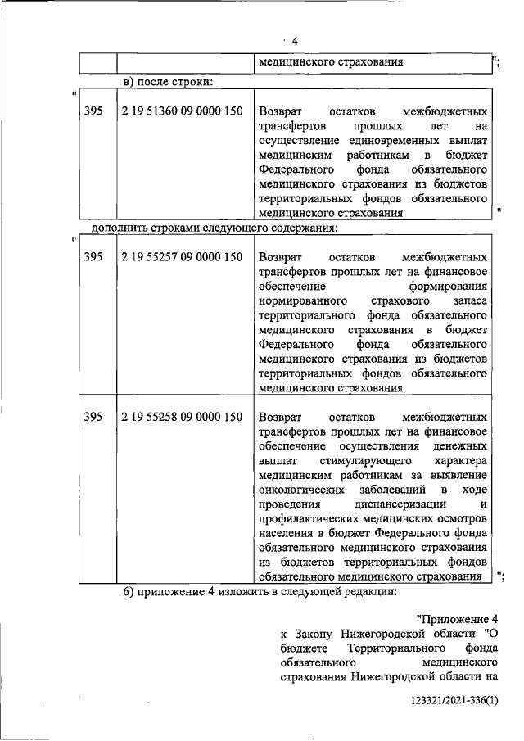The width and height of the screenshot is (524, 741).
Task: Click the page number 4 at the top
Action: tap(295, 42)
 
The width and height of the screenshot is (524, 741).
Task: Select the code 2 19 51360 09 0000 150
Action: tap(182, 111)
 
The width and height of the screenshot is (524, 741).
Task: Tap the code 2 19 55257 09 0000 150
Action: tap(182, 257)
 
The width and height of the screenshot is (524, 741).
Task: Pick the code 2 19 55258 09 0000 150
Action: tap(182, 417)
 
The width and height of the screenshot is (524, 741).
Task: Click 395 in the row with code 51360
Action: tap(93, 111)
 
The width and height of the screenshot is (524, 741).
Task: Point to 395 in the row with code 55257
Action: tap(93, 257)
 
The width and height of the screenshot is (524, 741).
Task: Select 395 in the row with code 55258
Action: tap(93, 417)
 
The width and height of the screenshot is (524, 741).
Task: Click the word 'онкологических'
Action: tap(298, 490)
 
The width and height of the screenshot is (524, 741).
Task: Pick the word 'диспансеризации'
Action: tap(395, 505)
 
